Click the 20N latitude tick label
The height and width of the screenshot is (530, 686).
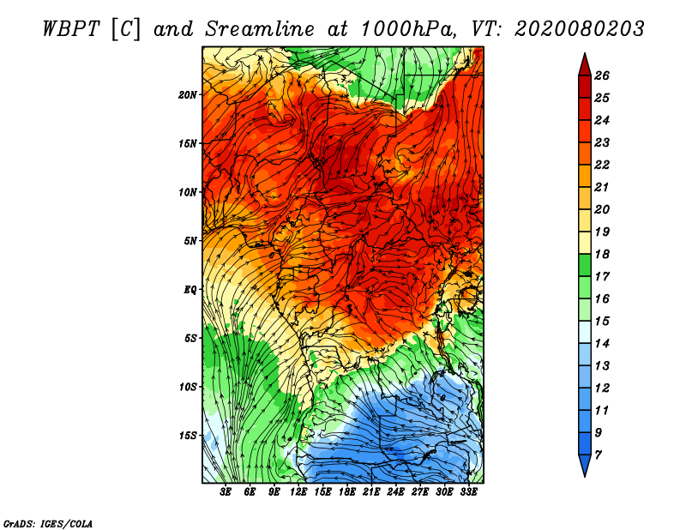click(x=188, y=95)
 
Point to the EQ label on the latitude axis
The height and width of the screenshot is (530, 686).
click(x=190, y=290)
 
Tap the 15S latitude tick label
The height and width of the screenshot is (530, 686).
click(x=188, y=436)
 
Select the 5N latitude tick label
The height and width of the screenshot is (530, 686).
click(x=190, y=241)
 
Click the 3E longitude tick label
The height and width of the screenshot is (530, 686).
click(x=226, y=492)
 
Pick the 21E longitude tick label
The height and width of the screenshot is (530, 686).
click(x=371, y=492)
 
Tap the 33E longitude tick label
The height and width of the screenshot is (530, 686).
click(x=468, y=492)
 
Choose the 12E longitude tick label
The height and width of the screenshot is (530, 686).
click(x=298, y=492)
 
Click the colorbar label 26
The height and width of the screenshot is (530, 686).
click(x=602, y=75)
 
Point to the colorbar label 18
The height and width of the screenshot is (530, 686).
click(x=602, y=254)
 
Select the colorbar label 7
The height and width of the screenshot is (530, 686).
click(x=598, y=455)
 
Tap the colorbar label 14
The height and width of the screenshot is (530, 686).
click(x=602, y=344)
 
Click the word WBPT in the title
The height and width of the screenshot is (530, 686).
click(x=71, y=29)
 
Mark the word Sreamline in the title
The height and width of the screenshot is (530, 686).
click(x=260, y=29)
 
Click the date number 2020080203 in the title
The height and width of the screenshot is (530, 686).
click(x=579, y=29)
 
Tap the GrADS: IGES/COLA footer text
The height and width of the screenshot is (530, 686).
click(x=48, y=524)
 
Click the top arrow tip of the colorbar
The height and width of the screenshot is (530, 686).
click(x=585, y=53)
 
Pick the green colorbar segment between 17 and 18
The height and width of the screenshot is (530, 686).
click(x=585, y=265)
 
